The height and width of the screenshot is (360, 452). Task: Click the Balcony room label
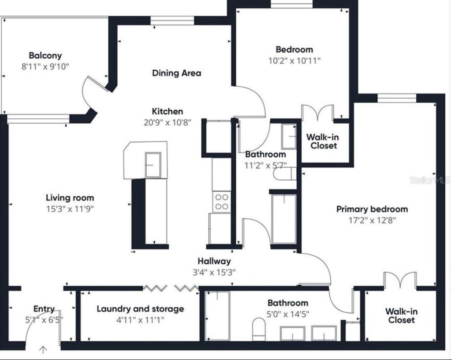point(45,55)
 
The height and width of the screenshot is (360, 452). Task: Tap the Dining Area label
point(176,73)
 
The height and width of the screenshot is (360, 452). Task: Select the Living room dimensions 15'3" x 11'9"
point(70,208)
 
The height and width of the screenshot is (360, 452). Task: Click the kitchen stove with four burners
point(222,202)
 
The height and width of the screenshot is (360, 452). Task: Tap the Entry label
point(44,309)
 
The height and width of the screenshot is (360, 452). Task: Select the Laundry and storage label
point(140,309)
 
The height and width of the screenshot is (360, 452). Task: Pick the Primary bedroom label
point(372,209)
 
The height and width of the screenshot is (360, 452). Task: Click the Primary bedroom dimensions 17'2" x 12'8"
point(372,220)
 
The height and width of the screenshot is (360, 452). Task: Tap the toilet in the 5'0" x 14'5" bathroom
point(259,330)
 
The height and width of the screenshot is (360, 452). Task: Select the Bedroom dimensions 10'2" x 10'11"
point(294,60)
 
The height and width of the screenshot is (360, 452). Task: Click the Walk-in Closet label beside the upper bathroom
point(324,141)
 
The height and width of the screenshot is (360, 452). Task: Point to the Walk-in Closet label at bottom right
point(401,316)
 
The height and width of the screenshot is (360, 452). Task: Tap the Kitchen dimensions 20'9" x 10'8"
point(167,122)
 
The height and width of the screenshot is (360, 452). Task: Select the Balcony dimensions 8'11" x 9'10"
point(45,67)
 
